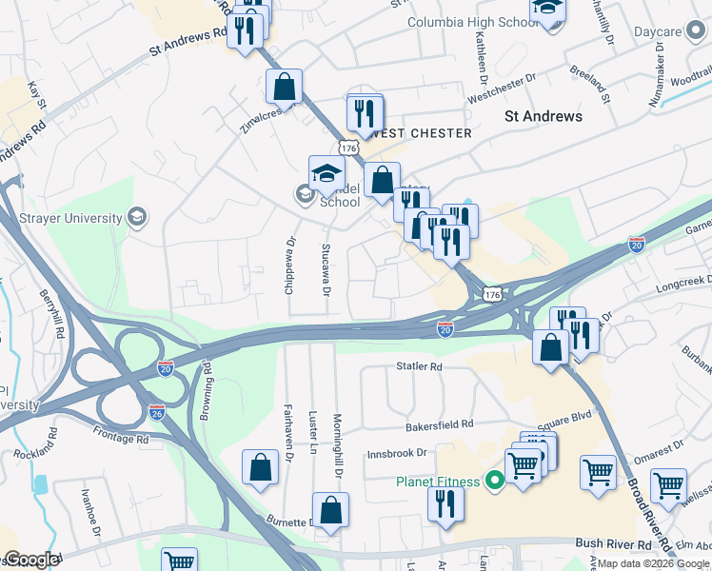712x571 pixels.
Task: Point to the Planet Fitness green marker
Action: click(493, 482)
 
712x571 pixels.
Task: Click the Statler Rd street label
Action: click(420, 366)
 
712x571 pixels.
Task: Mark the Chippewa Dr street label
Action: click(290, 266)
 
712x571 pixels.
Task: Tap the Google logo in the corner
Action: click(30, 560)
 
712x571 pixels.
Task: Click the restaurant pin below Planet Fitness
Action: click(445, 503)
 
